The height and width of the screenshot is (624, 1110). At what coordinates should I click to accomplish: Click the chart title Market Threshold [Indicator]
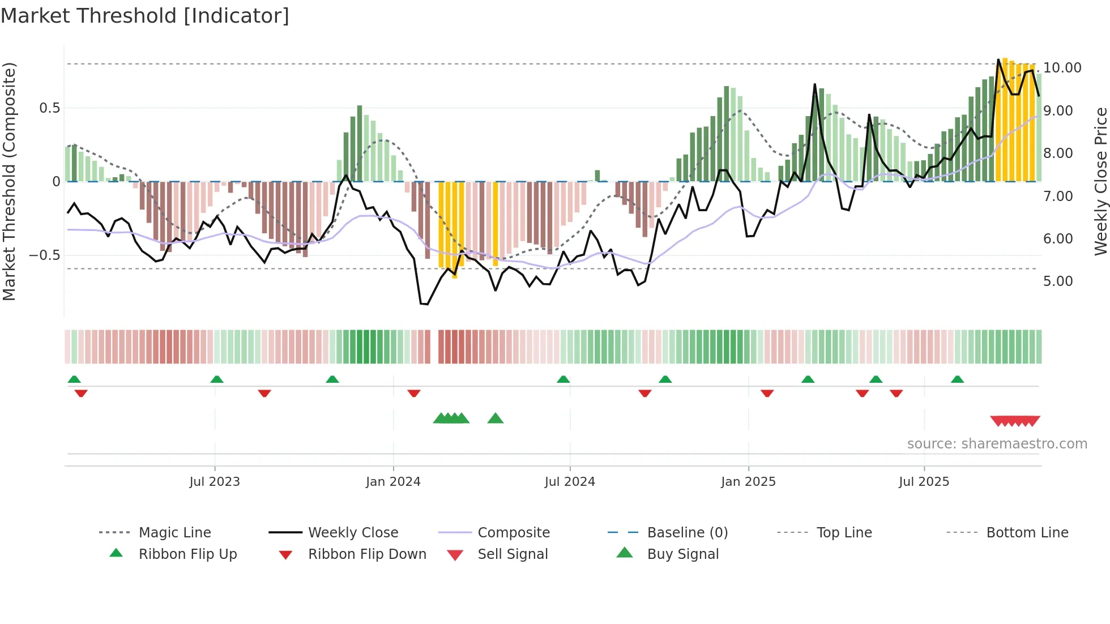click(x=145, y=16)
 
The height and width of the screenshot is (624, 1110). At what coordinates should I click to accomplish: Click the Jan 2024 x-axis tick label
click(x=393, y=482)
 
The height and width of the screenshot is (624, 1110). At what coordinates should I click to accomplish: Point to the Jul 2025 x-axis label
click(x=924, y=482)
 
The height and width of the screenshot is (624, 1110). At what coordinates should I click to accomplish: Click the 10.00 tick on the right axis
click(x=1062, y=68)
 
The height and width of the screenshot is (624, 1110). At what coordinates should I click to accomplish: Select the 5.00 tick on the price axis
click(x=1058, y=281)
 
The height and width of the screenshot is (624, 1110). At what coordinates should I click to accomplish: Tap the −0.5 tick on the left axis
click(x=44, y=255)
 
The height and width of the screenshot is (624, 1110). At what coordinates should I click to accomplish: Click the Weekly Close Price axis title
click(x=1100, y=181)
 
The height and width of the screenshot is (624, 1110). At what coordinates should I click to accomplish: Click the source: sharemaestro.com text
click(x=997, y=444)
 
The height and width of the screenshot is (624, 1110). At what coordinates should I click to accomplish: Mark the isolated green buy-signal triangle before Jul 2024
click(x=496, y=418)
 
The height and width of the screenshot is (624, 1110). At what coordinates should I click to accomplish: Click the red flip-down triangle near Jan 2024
click(x=414, y=393)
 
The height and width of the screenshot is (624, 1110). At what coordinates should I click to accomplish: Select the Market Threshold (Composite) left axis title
click(x=9, y=181)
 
